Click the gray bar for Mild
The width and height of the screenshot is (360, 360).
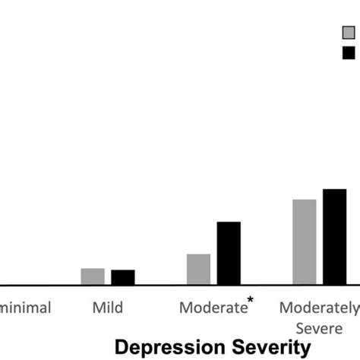click(x=93, y=276)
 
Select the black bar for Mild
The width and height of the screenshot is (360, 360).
click(x=123, y=277)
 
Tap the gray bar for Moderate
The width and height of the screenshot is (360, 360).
click(x=198, y=270)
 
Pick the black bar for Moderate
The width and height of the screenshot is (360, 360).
click(x=229, y=254)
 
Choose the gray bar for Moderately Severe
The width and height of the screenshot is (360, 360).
click(x=305, y=242)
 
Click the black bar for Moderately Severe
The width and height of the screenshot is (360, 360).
click(x=334, y=237)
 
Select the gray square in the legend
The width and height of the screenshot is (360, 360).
click(x=349, y=33)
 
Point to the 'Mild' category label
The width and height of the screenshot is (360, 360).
click(x=108, y=308)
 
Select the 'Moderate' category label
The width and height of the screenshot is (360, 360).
click(x=213, y=308)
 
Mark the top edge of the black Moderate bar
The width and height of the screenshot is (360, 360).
click(x=229, y=223)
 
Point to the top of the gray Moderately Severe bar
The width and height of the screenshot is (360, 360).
click(x=305, y=200)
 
